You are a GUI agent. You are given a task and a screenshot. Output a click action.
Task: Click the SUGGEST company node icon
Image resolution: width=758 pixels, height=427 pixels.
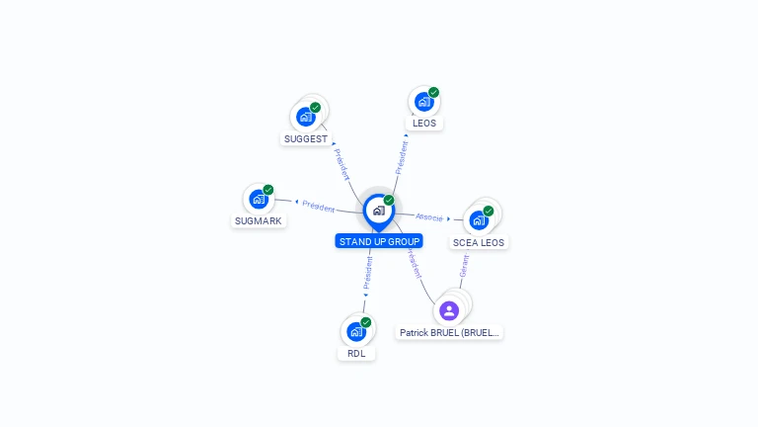pos(306,117)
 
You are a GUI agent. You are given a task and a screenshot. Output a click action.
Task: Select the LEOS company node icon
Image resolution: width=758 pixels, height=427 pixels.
pos(424,102)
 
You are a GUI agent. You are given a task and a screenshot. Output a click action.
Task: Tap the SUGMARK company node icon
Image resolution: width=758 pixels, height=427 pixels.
pos(259,199)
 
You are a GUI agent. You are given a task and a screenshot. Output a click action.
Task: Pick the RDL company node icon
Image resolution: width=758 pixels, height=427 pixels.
pos(356,331)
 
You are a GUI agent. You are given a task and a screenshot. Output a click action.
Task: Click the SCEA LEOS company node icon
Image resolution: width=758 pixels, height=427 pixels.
pos(479,219)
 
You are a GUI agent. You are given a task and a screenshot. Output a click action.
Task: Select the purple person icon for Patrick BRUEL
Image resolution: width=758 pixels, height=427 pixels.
pos(449,310)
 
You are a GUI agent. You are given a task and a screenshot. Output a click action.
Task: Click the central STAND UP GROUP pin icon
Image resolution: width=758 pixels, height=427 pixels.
pos(378,210)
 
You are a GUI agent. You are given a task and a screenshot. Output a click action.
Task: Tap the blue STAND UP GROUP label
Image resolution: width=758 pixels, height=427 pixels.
pos(379,241)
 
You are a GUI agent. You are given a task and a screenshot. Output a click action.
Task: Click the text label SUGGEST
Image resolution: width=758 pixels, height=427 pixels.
pos(305,139)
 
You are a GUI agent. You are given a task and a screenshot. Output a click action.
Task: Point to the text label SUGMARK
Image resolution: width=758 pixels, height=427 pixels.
pos(260,221)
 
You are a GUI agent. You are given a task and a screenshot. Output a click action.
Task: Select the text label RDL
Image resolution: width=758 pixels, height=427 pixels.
pos(356,353)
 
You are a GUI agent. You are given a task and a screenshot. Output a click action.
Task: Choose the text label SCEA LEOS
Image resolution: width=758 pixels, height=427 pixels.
pos(479,242)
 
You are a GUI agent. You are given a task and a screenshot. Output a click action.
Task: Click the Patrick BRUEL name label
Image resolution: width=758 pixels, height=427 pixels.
pos(450,333)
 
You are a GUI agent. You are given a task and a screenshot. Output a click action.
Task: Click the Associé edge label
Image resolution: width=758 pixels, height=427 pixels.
pos(429,216)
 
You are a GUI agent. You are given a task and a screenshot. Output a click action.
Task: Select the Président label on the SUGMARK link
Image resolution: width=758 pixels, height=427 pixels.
pos(319,206)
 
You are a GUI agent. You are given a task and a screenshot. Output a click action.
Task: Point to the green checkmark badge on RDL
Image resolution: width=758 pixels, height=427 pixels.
pos(366,322)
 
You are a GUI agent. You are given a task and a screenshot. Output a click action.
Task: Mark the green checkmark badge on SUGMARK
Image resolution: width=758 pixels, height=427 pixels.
pos(268,190)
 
